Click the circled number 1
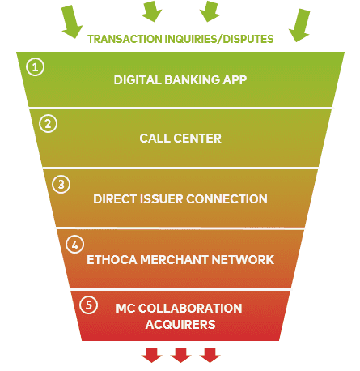(36, 66)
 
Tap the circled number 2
(49, 124)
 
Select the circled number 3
(61, 185)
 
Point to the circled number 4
(75, 245)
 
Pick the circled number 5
(89, 305)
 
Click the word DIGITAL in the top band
(138, 80)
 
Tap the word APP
(235, 80)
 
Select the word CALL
(155, 139)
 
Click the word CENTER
(197, 139)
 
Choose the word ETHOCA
(112, 260)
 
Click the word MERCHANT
(174, 260)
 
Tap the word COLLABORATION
(190, 309)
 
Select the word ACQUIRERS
(180, 324)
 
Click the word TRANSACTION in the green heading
(125, 39)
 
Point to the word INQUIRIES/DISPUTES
(219, 39)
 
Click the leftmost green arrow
(72, 22)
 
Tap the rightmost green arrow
(299, 25)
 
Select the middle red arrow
(180, 355)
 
